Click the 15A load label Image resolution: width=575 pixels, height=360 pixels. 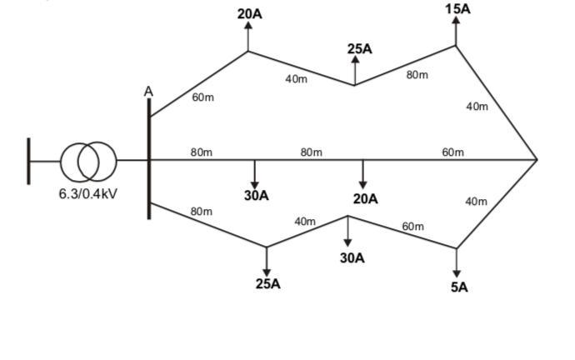pyautogui.click(x=457, y=8)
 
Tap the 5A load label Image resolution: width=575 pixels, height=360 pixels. pyautogui.click(x=459, y=287)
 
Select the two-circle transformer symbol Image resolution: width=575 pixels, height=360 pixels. pyautogui.click(x=87, y=160)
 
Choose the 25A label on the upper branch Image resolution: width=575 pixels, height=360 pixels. pyautogui.click(x=360, y=49)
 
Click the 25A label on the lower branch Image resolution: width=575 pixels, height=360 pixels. pyautogui.click(x=267, y=283)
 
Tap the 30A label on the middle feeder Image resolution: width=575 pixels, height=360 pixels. pyautogui.click(x=256, y=196)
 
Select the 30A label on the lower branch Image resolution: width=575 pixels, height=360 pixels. pyautogui.click(x=352, y=257)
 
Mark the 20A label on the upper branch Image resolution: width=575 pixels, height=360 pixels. pyautogui.click(x=249, y=14)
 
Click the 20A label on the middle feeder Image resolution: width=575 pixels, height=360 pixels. pyautogui.click(x=365, y=199)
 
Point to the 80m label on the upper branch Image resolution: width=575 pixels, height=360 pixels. pyautogui.click(x=417, y=75)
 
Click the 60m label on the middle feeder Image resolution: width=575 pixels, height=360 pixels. pyautogui.click(x=452, y=152)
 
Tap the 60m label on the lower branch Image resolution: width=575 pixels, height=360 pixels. pyautogui.click(x=412, y=226)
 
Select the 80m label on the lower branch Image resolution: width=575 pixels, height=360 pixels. pyautogui.click(x=201, y=212)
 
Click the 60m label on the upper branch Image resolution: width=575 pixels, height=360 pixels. pyautogui.click(x=202, y=97)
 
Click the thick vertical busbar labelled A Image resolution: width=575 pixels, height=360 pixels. pyautogui.click(x=149, y=158)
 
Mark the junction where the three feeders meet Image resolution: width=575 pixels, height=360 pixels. pyautogui.click(x=537, y=158)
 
